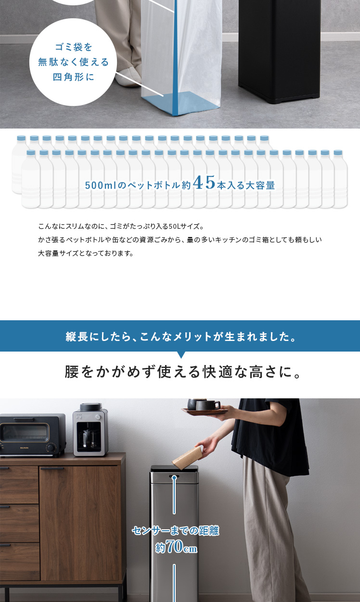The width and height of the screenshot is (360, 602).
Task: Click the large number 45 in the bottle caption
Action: [x=204, y=182]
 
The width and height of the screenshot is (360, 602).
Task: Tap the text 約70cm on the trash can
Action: [x=176, y=546]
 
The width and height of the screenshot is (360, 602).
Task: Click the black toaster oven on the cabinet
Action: [x=33, y=435]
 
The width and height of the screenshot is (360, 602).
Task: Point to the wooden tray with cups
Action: [x=205, y=410]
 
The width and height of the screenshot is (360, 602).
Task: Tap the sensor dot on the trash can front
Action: [x=174, y=477]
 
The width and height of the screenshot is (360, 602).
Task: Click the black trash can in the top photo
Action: [x=280, y=51]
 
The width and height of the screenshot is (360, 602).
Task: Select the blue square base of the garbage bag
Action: [x=180, y=103]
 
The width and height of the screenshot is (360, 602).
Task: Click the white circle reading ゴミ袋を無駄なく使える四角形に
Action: [x=73, y=62]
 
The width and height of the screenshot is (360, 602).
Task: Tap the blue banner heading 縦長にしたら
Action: [x=180, y=336]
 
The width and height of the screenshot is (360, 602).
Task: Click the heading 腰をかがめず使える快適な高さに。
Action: [x=182, y=372]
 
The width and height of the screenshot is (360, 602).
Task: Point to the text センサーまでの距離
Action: [x=176, y=531]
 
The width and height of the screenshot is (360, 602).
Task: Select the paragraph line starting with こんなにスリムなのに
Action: [x=121, y=226]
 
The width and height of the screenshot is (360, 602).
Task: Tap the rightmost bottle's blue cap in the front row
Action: [x=338, y=153]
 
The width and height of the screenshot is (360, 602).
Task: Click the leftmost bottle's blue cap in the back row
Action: [x=21, y=138]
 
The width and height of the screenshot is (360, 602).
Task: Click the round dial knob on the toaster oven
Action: [x=50, y=447]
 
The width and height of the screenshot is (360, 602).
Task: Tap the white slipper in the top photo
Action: [x=129, y=77]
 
